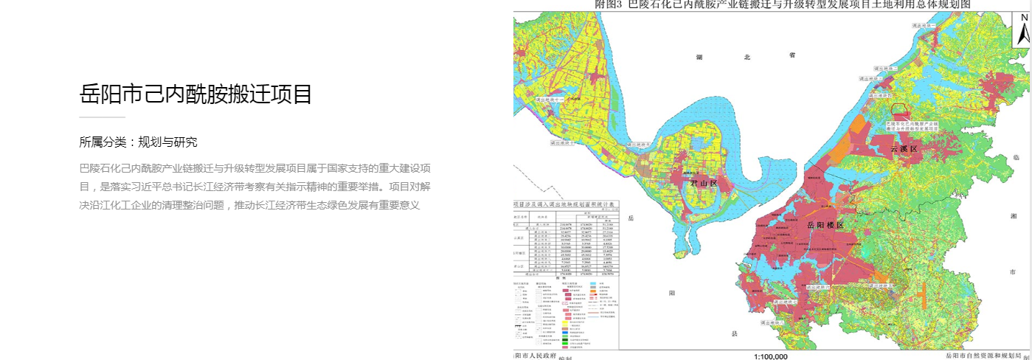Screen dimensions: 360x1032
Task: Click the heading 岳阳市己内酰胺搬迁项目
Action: click(195, 94)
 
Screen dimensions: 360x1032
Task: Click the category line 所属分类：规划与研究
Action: click(138, 142)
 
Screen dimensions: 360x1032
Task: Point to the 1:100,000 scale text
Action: click(770, 356)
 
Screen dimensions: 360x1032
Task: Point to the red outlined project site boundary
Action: click(898, 108)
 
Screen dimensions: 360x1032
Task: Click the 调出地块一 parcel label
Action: click(925, 25)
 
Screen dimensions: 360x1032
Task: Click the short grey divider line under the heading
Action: click(102, 117)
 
